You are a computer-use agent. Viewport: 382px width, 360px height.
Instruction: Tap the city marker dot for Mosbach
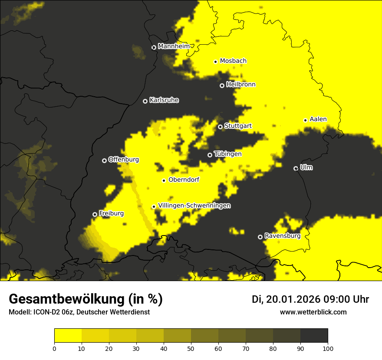coord(215,62)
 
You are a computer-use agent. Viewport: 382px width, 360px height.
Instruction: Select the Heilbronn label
coord(240,85)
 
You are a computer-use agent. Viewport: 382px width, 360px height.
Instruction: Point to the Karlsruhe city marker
coord(145,101)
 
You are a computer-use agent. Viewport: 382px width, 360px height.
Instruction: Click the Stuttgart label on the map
coord(238,126)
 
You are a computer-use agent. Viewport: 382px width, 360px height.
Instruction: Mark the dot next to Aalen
coord(305,120)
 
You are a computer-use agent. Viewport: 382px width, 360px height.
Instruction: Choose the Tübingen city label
coord(227,154)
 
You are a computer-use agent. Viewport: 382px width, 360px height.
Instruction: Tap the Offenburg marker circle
coord(104,160)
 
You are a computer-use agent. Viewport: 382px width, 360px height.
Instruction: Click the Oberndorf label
coord(184,180)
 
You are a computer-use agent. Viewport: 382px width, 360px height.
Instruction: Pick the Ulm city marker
coord(296,168)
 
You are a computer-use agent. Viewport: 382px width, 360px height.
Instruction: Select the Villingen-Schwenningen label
coord(194,206)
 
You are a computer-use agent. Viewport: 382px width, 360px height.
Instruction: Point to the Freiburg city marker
coord(95,214)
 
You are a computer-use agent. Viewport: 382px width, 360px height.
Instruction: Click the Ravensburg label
coord(282,236)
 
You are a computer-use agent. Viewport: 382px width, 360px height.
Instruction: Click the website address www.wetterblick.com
coord(313,312)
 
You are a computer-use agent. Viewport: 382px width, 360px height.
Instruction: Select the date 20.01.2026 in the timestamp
coord(292,299)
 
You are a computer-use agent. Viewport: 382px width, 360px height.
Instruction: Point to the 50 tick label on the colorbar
coord(191,348)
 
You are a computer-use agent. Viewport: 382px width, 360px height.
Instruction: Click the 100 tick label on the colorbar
coord(327,348)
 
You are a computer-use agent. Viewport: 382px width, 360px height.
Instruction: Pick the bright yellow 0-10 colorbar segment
coord(68,336)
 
